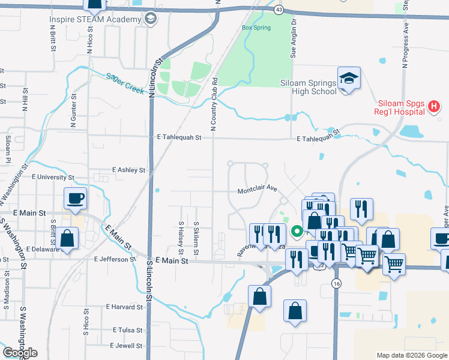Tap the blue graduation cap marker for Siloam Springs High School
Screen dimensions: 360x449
[x=349, y=79]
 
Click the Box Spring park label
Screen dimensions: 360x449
[x=256, y=28]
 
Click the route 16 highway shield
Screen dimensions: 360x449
[x=336, y=283]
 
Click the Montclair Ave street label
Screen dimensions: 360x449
[x=257, y=188]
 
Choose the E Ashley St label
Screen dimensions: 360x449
[x=129, y=170]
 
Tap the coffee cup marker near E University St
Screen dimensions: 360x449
[x=76, y=199]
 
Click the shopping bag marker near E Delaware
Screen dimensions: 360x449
[x=68, y=238]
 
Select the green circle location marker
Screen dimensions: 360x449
[x=296, y=230]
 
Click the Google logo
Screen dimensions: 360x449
[x=20, y=353]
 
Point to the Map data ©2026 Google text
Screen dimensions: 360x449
[x=411, y=355]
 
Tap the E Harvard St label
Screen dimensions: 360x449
[x=125, y=307]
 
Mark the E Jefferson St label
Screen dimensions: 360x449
[x=115, y=259]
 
